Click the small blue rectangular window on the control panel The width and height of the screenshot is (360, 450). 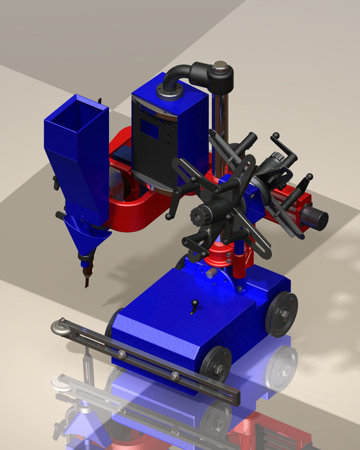[x=149, y=127]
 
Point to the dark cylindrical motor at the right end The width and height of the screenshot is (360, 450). [x=315, y=219]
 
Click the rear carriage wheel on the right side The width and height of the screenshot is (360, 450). [x=282, y=314]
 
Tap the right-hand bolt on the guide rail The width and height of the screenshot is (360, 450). [x=175, y=375]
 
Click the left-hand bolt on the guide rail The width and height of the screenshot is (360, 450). [x=122, y=353]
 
